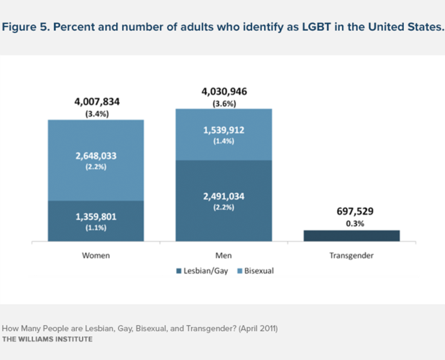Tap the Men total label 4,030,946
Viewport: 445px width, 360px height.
click(x=224, y=91)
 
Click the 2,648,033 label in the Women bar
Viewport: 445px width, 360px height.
click(x=95, y=155)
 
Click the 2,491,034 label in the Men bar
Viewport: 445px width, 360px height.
click(x=224, y=197)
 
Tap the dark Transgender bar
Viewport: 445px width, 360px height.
click(x=352, y=235)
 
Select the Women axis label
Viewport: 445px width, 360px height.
click(x=95, y=255)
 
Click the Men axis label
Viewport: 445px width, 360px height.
click(x=224, y=255)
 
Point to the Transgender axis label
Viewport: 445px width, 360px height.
click(x=352, y=255)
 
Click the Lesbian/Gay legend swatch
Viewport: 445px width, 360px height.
click(x=179, y=271)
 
